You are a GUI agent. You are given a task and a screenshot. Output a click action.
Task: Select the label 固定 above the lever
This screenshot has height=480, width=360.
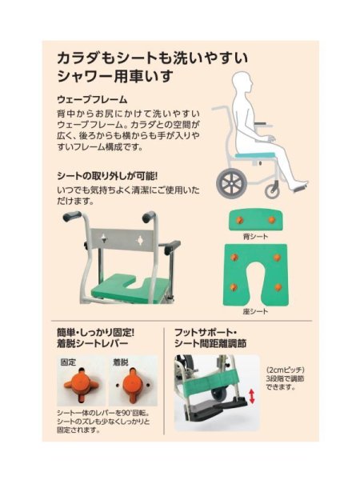70,361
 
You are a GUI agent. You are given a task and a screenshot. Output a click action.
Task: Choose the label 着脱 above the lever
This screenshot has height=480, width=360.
121,361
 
